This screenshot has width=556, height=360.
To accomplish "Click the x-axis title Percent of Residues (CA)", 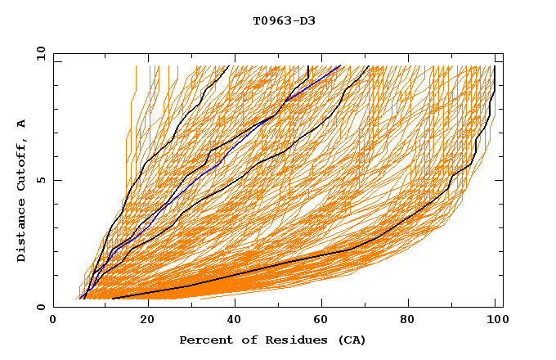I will click(272, 340).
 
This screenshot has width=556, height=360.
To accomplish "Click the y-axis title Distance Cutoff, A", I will click(22, 190).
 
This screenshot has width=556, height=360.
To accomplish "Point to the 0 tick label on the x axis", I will click(53, 322).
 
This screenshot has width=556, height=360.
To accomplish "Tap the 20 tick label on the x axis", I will click(148, 322).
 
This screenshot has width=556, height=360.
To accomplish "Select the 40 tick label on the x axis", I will click(237, 322).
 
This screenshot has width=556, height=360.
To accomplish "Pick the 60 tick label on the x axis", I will click(325, 322).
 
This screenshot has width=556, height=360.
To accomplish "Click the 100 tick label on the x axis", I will click(495, 322).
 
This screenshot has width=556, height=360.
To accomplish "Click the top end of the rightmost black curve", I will click(495, 66).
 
